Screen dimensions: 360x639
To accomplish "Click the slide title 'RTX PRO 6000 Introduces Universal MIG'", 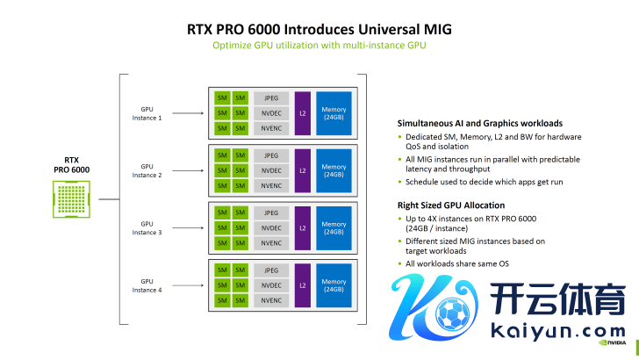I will tap(319, 27).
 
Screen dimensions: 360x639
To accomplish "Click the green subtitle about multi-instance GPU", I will tap(319, 45).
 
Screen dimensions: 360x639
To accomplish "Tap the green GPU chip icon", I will tap(71, 198).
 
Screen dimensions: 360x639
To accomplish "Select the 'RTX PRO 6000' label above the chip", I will tap(71, 164).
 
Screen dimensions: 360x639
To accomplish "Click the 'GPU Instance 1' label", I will tap(147, 113).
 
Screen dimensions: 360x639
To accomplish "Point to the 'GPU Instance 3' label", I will tap(147, 227).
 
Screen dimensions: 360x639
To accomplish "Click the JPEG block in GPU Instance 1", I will tap(271, 97).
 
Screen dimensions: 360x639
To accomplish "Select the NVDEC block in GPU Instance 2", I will tap(271, 169).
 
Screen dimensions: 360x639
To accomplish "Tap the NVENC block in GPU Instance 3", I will tap(271, 242).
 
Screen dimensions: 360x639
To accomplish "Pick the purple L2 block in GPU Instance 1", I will tap(303, 113).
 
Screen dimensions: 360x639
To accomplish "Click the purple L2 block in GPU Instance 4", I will tap(303, 284).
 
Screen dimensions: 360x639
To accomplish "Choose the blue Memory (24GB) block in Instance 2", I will tap(334, 170).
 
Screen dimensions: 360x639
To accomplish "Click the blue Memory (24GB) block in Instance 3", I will tap(334, 227).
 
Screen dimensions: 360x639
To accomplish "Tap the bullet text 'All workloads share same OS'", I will tap(457, 263).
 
